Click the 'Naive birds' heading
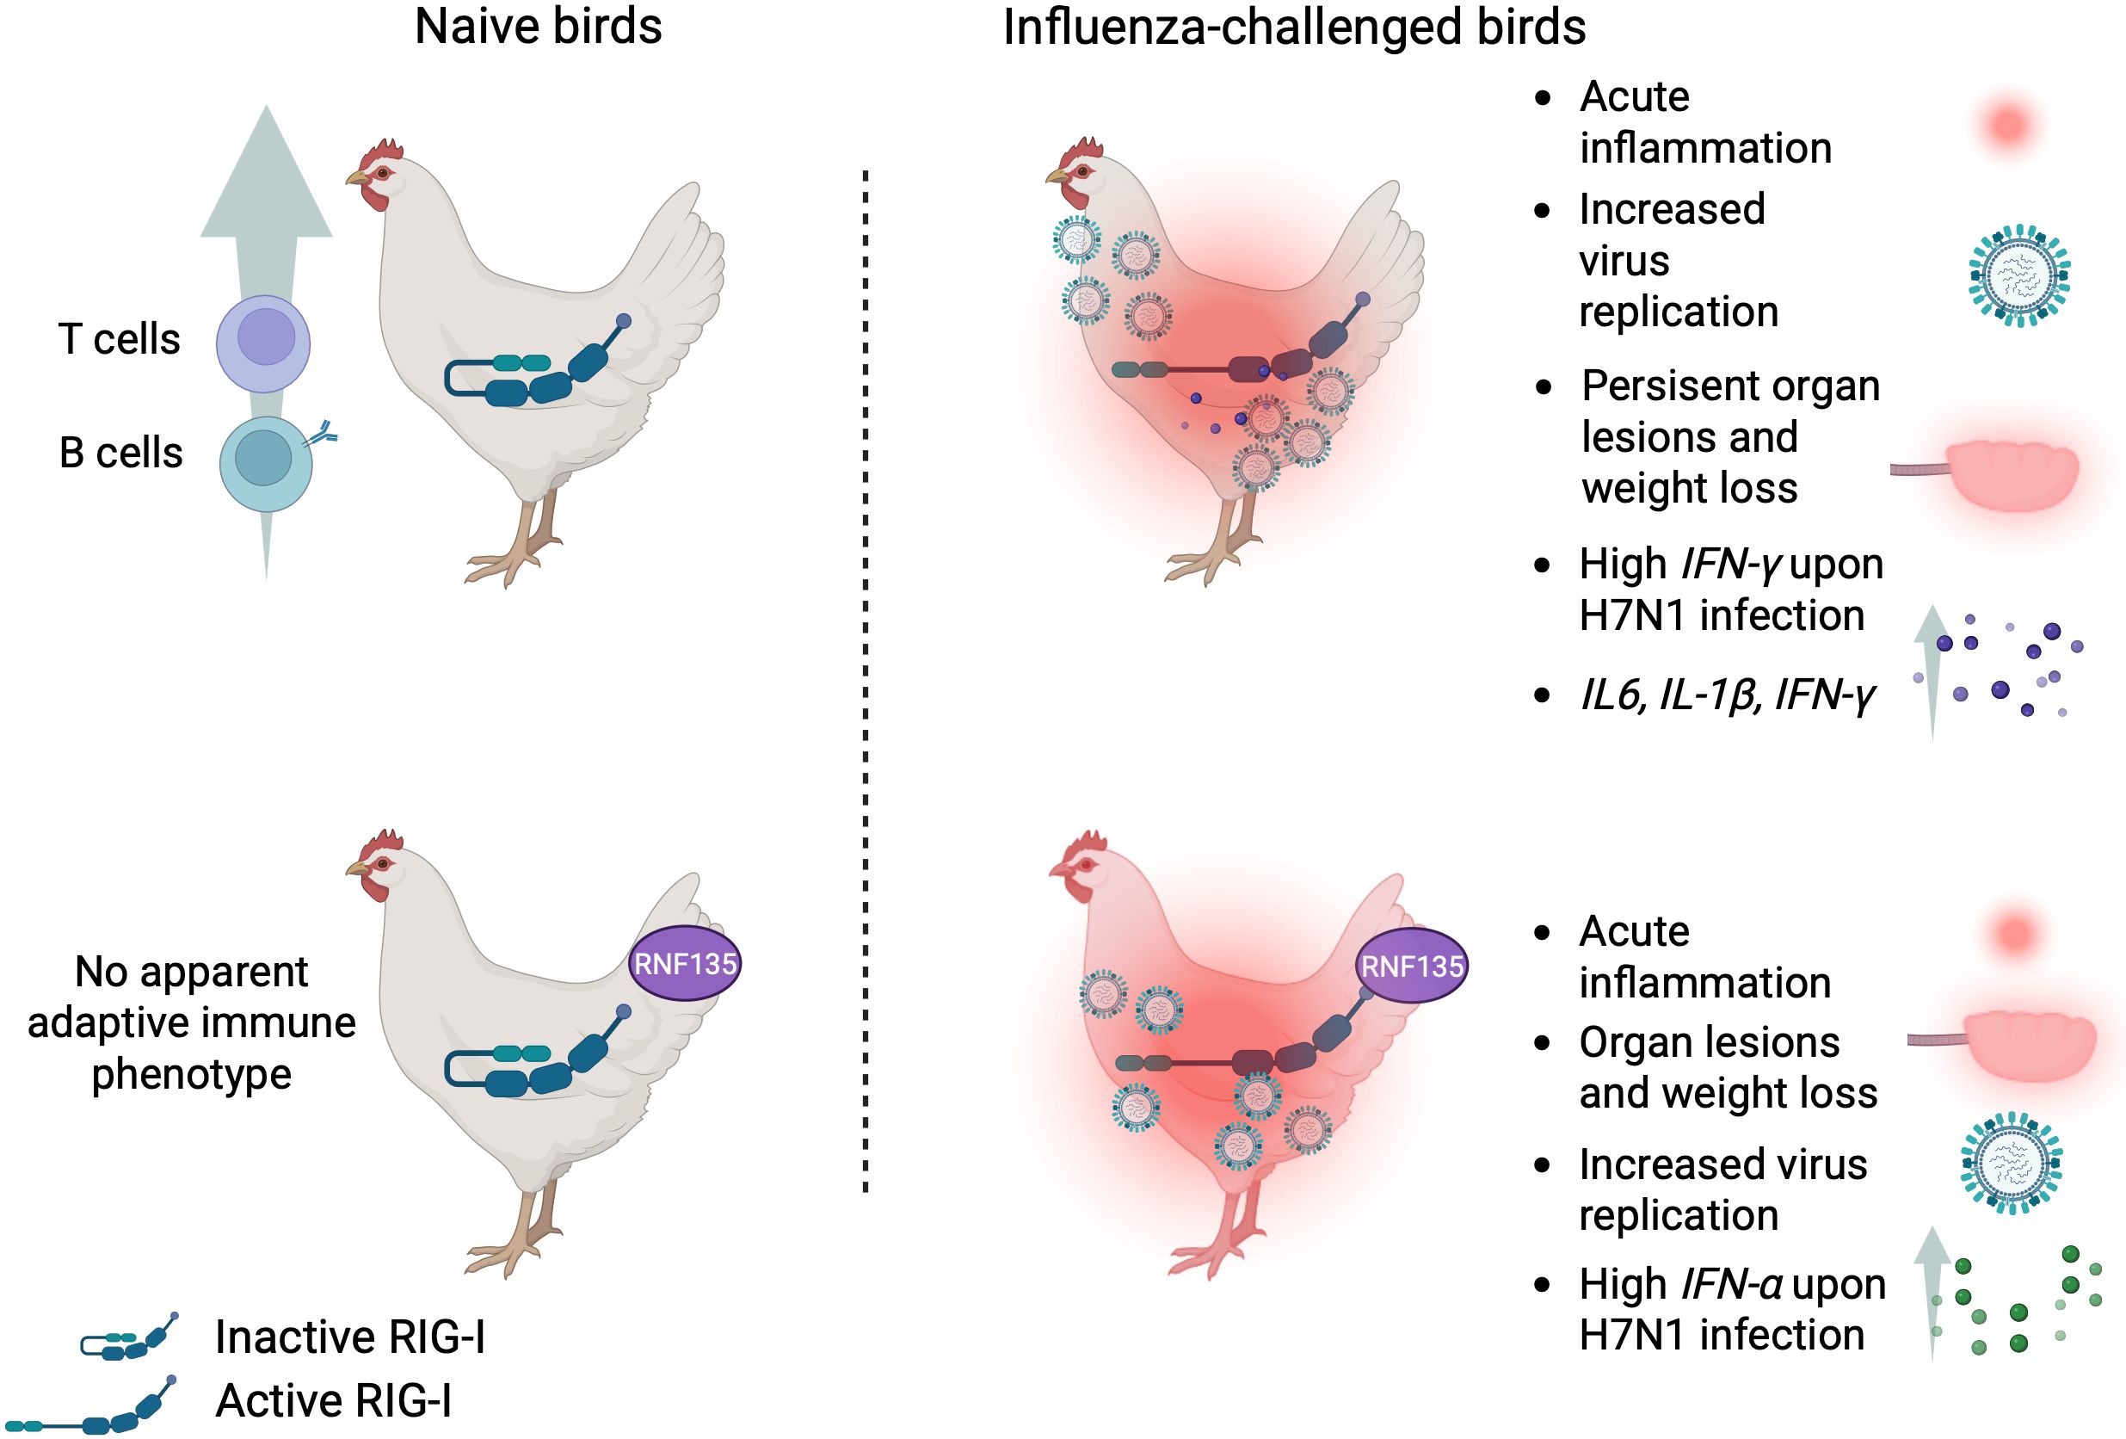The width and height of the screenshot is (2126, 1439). click(x=538, y=27)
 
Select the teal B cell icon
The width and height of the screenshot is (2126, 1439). click(x=265, y=463)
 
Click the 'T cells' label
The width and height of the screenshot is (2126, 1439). click(x=119, y=339)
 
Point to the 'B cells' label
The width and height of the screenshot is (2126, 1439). click(x=120, y=453)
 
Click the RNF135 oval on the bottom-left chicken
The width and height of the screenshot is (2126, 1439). click(x=684, y=963)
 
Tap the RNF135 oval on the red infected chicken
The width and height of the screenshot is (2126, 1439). click(x=1412, y=966)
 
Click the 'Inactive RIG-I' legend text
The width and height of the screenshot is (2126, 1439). click(x=349, y=1337)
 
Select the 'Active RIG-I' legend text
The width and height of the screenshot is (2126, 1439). click(x=333, y=1400)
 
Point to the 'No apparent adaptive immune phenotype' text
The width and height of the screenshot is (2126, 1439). click(x=192, y=1022)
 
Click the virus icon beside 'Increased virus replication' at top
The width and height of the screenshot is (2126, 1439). click(x=2019, y=275)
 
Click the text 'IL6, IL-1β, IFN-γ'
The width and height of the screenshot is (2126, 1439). click(x=1727, y=695)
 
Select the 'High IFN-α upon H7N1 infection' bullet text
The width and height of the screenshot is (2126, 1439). click(x=1731, y=1309)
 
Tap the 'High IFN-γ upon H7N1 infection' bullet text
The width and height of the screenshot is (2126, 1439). click(x=1731, y=590)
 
